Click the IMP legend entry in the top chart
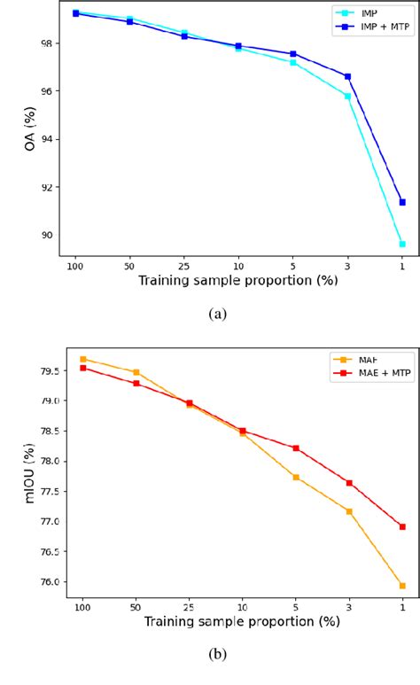(361, 14)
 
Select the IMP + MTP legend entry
(371, 27)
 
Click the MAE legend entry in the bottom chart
(363, 358)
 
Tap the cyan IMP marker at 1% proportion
(402, 244)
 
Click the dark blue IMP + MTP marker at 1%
(402, 202)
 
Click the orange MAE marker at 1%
(402, 586)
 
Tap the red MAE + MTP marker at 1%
(402, 526)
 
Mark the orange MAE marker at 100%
(83, 359)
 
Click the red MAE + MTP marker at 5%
(295, 448)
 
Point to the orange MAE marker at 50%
(136, 372)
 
